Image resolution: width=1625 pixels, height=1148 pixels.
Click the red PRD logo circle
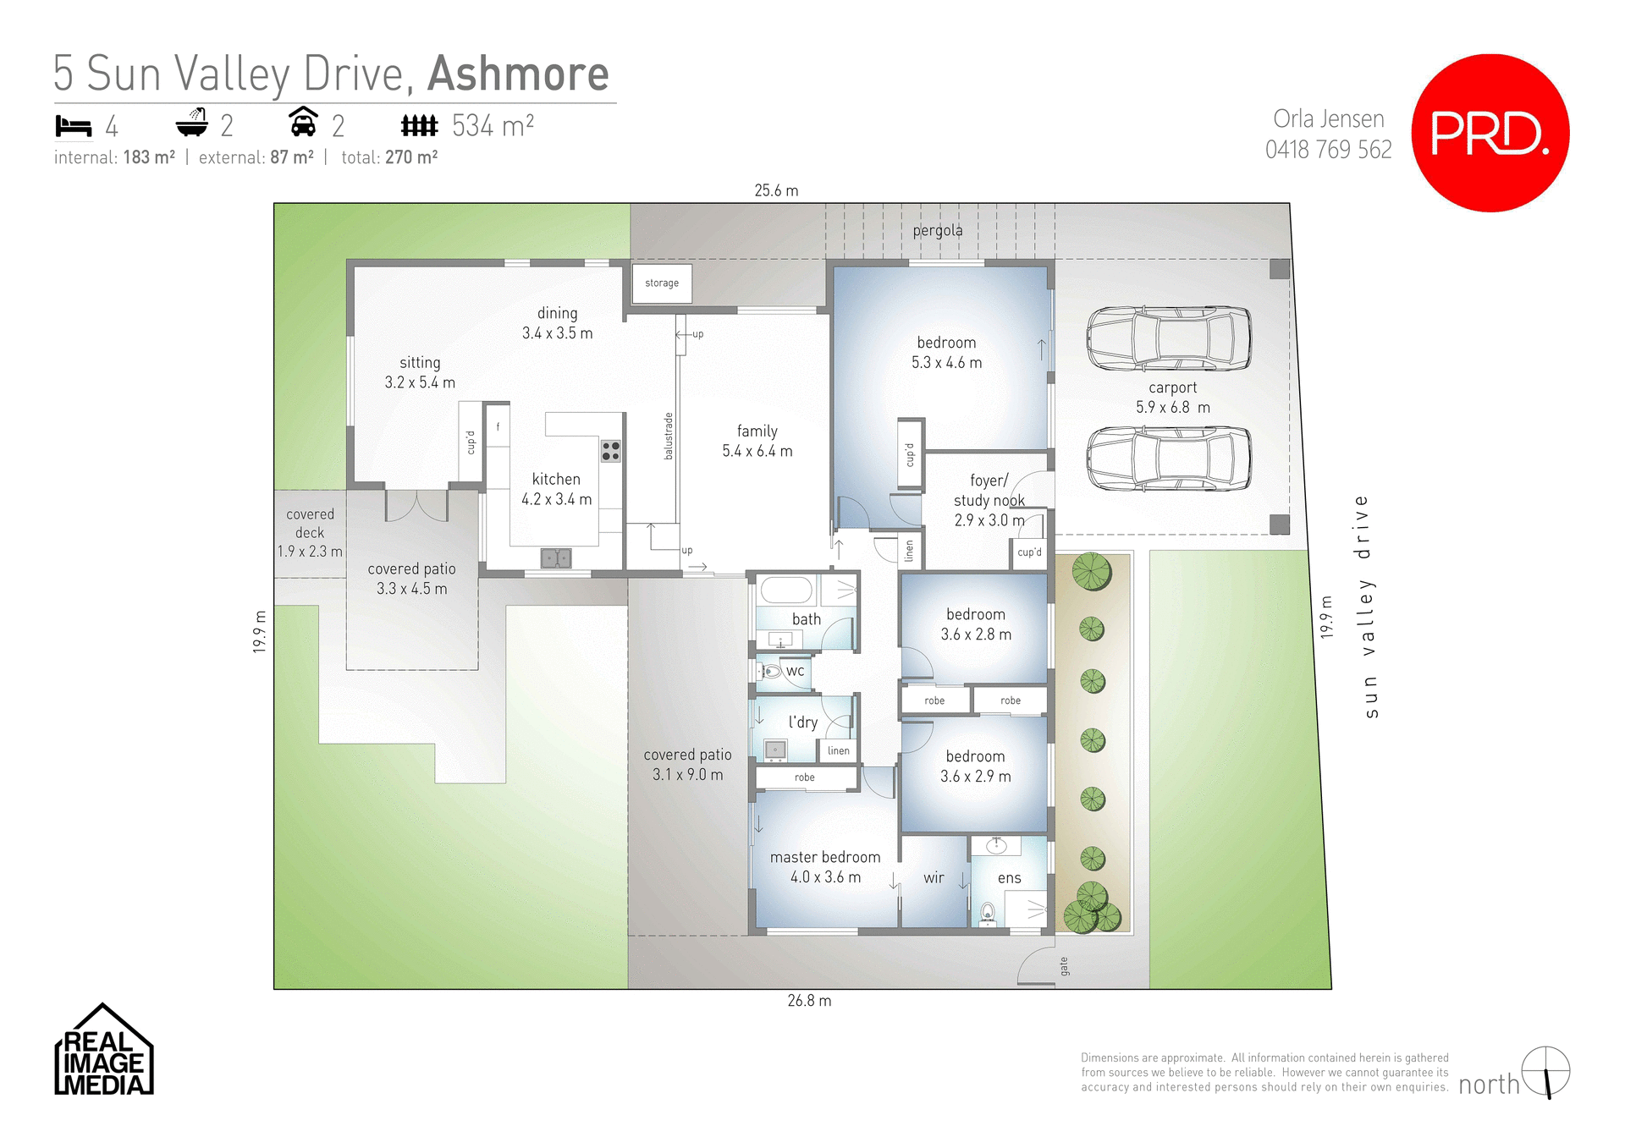pyautogui.click(x=1490, y=133)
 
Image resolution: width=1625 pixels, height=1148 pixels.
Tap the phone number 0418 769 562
pyautogui.click(x=1328, y=150)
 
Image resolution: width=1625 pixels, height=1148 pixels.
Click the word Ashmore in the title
pyautogui.click(x=518, y=74)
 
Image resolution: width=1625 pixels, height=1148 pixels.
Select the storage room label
pyautogui.click(x=662, y=283)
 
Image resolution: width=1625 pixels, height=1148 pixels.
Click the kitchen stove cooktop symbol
pyautogui.click(x=610, y=451)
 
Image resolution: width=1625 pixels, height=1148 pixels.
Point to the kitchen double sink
pyautogui.click(x=556, y=558)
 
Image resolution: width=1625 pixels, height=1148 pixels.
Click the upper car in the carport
pyautogui.click(x=1169, y=338)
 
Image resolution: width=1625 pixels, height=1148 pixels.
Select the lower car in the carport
pyautogui.click(x=1169, y=458)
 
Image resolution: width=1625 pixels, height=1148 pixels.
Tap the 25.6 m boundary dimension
pyautogui.click(x=776, y=190)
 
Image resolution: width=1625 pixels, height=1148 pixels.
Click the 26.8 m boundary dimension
pyautogui.click(x=809, y=1001)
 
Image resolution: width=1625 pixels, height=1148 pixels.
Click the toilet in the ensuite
pyautogui.click(x=987, y=914)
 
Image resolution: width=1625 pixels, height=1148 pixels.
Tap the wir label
pyautogui.click(x=934, y=878)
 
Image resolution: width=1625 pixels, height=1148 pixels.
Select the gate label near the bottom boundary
pyautogui.click(x=1064, y=966)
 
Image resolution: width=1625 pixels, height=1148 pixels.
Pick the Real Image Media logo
pyautogui.click(x=103, y=1051)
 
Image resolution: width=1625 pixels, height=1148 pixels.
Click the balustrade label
pyautogui.click(x=669, y=436)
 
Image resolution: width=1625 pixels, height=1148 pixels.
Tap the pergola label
pyautogui.click(x=937, y=230)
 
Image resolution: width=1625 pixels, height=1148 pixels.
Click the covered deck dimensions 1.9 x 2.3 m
pyautogui.click(x=310, y=552)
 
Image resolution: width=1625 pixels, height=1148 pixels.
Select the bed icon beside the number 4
pyautogui.click(x=73, y=126)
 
